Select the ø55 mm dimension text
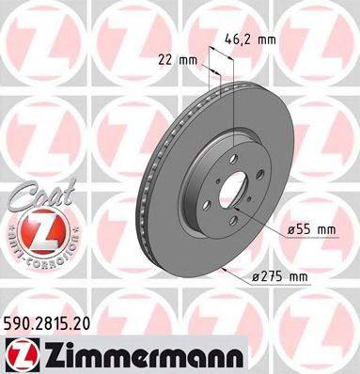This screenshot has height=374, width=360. click(311, 229)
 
